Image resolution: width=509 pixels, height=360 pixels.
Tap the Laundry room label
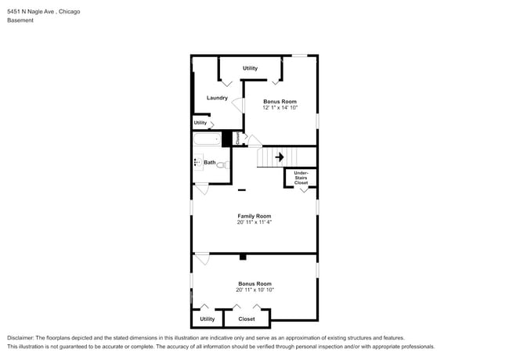click(x=217, y=98)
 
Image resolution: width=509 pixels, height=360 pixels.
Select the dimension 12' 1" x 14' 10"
click(x=280, y=107)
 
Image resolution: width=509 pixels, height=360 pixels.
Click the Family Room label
click(x=254, y=216)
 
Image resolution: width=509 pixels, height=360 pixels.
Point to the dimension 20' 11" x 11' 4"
click(x=254, y=222)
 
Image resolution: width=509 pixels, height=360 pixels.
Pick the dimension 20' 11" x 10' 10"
click(x=254, y=290)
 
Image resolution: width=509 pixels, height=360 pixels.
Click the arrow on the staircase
click(x=279, y=157)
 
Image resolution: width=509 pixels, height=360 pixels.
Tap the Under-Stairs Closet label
click(x=301, y=177)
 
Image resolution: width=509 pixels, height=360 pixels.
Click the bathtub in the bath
click(x=208, y=139)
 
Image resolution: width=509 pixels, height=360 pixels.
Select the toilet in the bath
click(x=222, y=164)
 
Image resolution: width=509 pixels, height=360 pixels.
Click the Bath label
click(x=210, y=163)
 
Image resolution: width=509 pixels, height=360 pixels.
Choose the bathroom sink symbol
click(x=197, y=163)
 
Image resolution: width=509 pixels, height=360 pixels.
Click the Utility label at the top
click(x=250, y=68)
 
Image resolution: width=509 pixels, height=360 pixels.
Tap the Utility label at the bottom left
click(x=207, y=319)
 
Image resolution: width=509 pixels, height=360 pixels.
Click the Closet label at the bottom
click(x=247, y=319)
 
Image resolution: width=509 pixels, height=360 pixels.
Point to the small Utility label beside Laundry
click(x=200, y=123)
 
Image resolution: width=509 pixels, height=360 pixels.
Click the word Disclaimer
click(x=21, y=337)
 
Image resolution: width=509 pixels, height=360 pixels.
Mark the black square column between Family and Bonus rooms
click(x=243, y=257)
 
